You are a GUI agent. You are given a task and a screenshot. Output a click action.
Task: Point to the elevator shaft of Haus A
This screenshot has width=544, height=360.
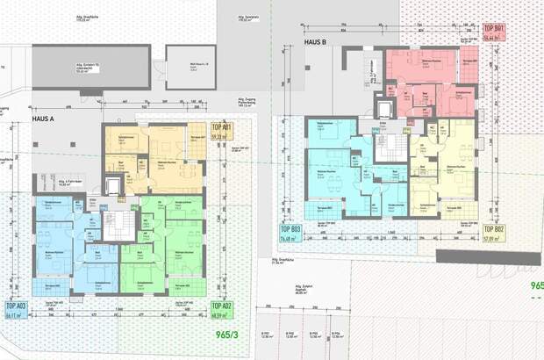coord(112,186)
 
